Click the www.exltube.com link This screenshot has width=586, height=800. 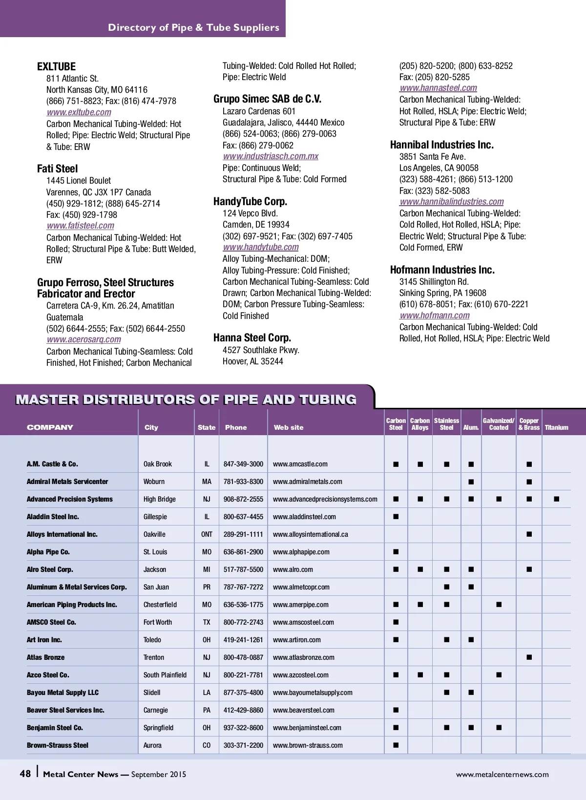(79, 112)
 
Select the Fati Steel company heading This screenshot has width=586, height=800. (58, 169)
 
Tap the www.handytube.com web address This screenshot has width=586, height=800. (261, 247)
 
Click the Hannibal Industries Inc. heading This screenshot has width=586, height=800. (442, 145)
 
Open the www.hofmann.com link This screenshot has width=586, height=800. (435, 316)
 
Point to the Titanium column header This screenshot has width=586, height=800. (556, 427)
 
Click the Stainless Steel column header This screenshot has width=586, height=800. (446, 424)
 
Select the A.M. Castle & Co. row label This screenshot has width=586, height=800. (52, 464)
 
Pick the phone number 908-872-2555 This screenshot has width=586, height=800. (243, 499)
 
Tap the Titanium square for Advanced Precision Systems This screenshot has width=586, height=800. (557, 499)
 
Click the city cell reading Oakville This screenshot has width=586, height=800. (154, 534)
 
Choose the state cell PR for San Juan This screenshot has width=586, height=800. (207, 587)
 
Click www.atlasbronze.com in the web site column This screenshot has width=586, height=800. (304, 657)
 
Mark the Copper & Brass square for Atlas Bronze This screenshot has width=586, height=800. (529, 657)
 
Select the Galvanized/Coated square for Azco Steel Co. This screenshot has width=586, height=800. (499, 675)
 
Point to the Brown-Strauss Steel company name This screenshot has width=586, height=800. (58, 745)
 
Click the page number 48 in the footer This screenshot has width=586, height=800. (25, 774)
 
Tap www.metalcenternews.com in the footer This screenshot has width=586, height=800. (502, 775)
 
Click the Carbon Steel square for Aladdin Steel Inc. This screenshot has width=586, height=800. (396, 517)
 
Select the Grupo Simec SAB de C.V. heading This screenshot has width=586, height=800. (267, 99)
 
